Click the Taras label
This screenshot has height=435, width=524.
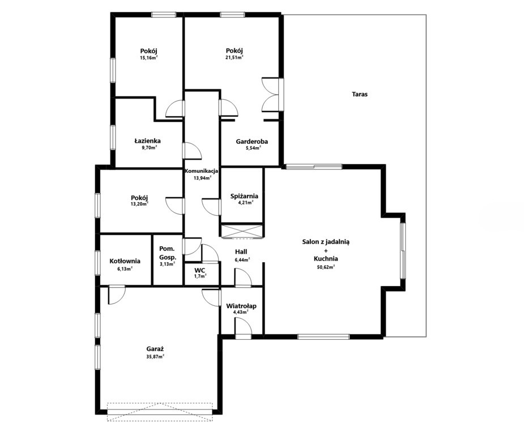(x=360, y=94)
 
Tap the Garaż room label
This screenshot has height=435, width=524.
(x=155, y=349)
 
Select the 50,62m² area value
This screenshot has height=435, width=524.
(x=326, y=267)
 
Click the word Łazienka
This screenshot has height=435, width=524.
(x=147, y=141)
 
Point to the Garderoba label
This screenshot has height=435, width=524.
(x=252, y=142)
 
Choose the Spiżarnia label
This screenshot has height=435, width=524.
(x=244, y=196)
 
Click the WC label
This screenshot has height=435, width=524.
(x=200, y=270)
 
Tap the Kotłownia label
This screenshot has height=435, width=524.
(x=125, y=261)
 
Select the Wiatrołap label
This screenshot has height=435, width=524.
(x=241, y=306)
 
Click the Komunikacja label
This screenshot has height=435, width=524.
(x=202, y=171)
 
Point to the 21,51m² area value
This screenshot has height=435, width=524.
(x=234, y=57)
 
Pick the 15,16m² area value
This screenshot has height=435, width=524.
(x=149, y=57)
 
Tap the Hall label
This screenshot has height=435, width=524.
(x=241, y=252)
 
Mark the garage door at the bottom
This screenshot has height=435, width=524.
(x=160, y=412)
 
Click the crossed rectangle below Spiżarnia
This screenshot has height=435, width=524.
(x=242, y=232)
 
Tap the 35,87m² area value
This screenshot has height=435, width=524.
(x=155, y=356)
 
